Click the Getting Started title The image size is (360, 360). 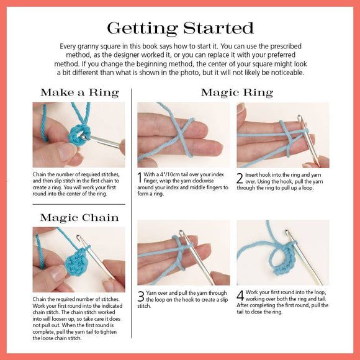click(x=181, y=28)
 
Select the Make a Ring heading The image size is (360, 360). click(x=79, y=92)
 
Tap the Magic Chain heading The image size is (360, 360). click(x=79, y=218)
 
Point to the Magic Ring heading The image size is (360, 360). click(x=237, y=92)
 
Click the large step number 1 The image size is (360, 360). click(x=140, y=178)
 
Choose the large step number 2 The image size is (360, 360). click(x=240, y=178)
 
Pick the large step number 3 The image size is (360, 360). click(x=141, y=296)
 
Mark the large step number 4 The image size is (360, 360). click(x=240, y=295)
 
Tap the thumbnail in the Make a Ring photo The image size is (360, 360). click(x=67, y=151)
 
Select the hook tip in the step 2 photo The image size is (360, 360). click(x=299, y=117)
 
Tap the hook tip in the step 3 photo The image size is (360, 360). click(x=181, y=233)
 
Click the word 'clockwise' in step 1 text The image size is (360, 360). click(x=203, y=181)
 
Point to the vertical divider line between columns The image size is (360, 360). click(x=132, y=214)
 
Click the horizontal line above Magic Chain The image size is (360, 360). click(x=79, y=204)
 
